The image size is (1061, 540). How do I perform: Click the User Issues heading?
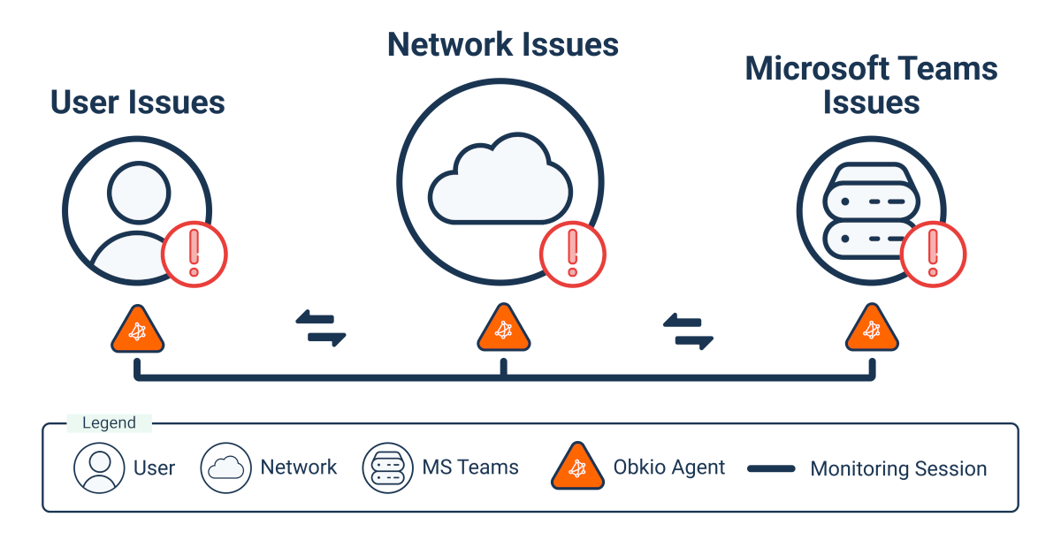138,103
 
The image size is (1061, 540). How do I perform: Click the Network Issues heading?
502,45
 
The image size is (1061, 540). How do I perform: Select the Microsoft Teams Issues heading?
871,85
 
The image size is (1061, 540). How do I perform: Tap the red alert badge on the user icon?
195,255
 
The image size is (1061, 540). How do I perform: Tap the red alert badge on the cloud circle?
572,255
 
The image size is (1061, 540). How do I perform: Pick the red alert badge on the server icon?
933,255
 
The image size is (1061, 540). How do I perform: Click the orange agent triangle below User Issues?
137,331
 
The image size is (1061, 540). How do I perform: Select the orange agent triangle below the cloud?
503,331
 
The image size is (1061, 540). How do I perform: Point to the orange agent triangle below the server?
872,331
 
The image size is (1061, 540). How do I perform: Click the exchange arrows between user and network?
320,329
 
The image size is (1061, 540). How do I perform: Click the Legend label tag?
109,423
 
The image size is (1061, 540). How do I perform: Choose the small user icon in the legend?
99,468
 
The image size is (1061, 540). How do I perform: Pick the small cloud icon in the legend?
225,468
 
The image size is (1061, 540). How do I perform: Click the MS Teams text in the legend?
470,468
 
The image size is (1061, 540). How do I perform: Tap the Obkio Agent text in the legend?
668,468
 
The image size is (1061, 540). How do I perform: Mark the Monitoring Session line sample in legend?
771,469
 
